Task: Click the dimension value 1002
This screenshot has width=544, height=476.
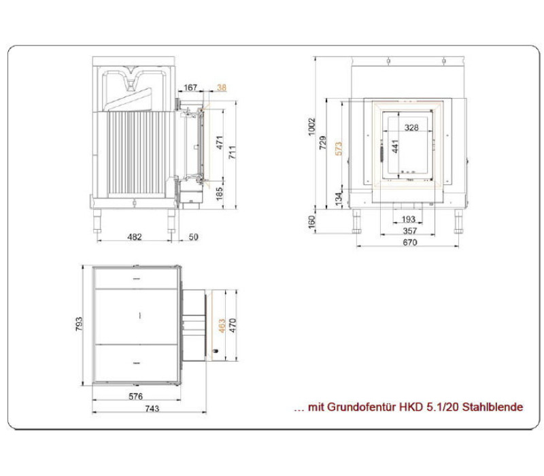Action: (x=312, y=127)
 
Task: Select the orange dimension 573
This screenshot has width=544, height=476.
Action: (x=339, y=148)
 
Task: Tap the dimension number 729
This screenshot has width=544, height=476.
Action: (x=322, y=143)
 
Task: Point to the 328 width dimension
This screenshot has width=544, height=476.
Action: (x=411, y=128)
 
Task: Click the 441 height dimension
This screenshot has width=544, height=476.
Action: (x=395, y=146)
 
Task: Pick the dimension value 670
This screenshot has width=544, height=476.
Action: (x=410, y=242)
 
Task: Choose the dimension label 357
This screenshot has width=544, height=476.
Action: (x=410, y=231)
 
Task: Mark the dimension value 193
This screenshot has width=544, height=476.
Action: (x=409, y=219)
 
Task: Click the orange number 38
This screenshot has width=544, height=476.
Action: (x=222, y=88)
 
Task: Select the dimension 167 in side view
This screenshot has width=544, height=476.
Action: (x=190, y=88)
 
